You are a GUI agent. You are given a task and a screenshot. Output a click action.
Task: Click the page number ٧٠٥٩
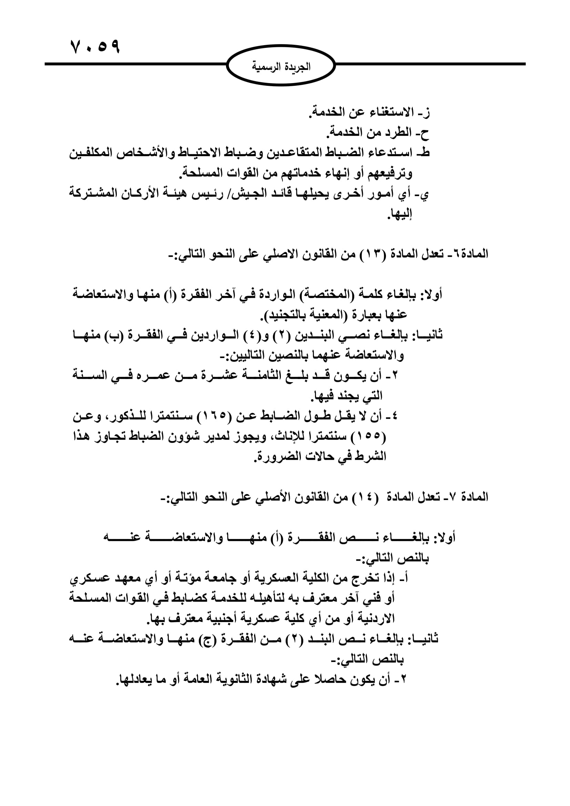(x=95, y=47)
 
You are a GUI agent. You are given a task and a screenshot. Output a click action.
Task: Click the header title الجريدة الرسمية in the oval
(x=281, y=67)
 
